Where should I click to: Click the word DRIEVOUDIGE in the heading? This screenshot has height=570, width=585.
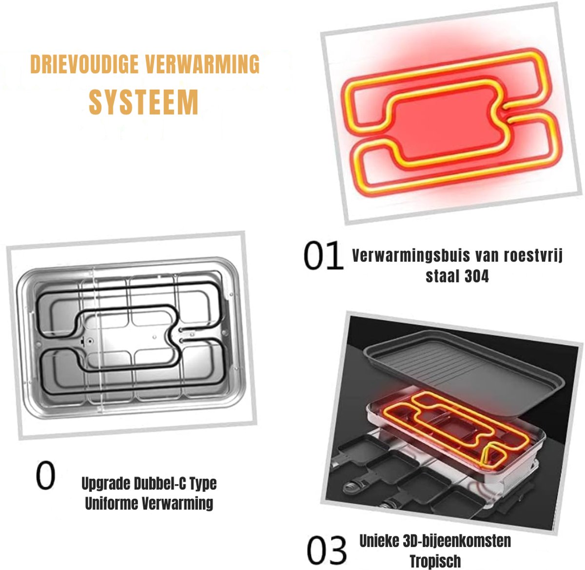tap(84, 64)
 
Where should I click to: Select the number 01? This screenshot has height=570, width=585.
tap(323, 256)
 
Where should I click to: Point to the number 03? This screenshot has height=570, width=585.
tap(327, 550)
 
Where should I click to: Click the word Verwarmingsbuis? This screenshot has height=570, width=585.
tap(411, 255)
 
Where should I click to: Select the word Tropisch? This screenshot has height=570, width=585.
tap(435, 561)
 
